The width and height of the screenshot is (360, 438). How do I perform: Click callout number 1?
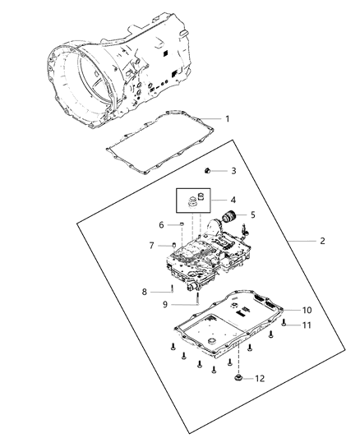tap(228, 119)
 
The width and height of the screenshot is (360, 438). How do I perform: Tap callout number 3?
tap(233, 171)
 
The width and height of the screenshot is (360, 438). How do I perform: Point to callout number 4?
tap(233, 201)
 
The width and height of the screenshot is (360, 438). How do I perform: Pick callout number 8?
tap(145, 290)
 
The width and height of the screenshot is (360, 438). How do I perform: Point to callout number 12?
tap(261, 378)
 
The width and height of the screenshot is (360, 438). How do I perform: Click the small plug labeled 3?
tap(208, 170)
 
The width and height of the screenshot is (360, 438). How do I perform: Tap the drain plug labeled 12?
tap(239, 378)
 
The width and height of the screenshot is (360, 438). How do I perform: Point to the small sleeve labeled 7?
tap(173, 244)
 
